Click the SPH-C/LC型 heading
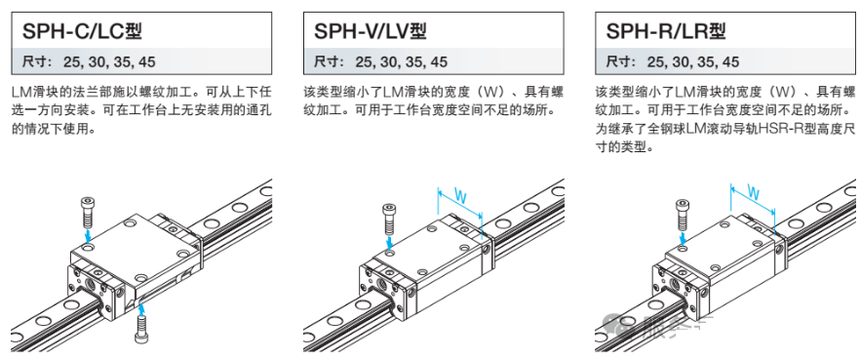click(x=82, y=31)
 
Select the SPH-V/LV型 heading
click(x=371, y=31)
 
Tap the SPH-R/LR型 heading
click(x=666, y=31)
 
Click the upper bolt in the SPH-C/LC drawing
click(x=89, y=212)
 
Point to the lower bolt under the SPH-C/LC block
click(x=141, y=332)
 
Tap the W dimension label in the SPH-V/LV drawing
click(x=460, y=197)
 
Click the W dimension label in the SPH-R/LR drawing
click(x=754, y=193)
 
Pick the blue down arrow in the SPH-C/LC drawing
click(x=89, y=235)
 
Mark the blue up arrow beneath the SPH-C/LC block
click(x=142, y=310)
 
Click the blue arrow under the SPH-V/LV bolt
click(x=389, y=242)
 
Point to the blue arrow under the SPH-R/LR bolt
click(x=682, y=238)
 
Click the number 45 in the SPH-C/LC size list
click(x=147, y=61)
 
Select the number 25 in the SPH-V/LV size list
click(x=364, y=61)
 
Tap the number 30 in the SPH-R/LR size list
click(x=681, y=61)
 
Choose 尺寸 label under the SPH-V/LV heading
click(x=324, y=61)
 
